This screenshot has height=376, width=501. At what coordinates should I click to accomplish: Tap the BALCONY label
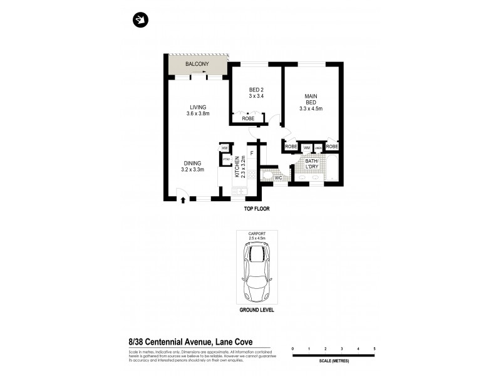197,64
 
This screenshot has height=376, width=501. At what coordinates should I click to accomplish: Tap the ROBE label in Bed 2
247,118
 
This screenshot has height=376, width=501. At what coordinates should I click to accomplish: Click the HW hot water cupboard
224,148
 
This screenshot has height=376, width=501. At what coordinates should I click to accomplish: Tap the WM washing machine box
307,148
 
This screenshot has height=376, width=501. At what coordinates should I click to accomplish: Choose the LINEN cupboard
318,148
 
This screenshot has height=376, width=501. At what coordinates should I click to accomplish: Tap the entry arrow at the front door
183,201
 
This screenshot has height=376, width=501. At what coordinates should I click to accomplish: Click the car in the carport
257,273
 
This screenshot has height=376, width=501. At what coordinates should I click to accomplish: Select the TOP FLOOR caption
257,208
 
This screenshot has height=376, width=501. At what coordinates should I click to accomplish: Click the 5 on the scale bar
374,347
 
